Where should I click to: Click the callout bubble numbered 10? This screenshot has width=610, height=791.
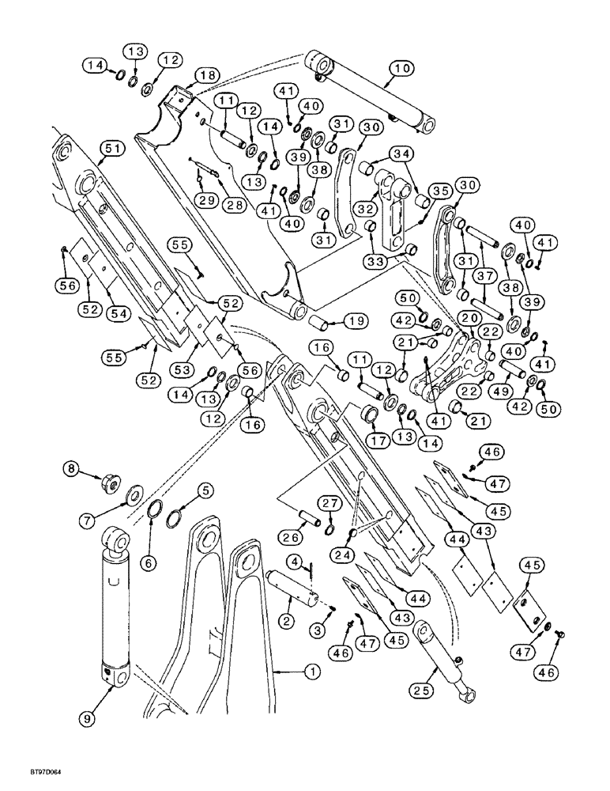click(400, 70)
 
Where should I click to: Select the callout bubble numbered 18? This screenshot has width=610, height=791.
click(206, 74)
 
